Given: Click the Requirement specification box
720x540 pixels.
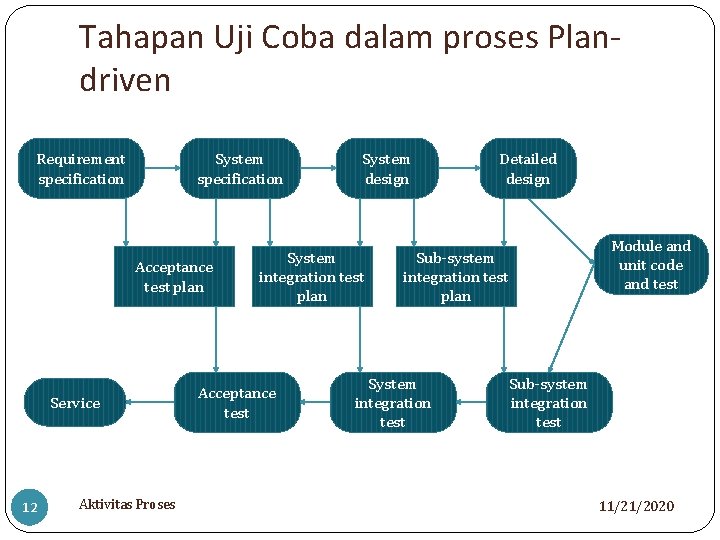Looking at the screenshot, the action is click(81, 169).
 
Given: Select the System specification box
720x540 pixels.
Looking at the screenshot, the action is click(240, 169).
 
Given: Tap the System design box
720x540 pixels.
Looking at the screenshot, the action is click(386, 169).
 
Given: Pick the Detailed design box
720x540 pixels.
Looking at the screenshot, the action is click(528, 169).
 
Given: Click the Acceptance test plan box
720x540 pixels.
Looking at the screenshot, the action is click(174, 277).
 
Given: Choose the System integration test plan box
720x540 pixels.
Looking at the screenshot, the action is click(311, 277).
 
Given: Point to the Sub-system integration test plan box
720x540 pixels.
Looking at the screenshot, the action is click(455, 277).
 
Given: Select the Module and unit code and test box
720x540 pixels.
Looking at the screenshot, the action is click(651, 265).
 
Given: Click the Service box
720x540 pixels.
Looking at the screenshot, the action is click(75, 403).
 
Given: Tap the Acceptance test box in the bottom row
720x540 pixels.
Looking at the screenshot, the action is click(237, 403).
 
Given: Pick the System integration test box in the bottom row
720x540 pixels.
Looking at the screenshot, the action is click(392, 403).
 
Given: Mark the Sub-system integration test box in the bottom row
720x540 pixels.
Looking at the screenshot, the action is click(548, 403).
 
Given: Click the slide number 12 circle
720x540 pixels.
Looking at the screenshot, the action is click(30, 508).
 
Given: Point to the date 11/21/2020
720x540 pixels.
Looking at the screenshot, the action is click(636, 506).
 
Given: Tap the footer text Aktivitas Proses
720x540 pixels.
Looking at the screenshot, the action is click(127, 504).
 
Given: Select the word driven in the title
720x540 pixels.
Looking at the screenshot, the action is click(125, 80).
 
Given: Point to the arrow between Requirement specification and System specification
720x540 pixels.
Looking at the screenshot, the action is click(162, 168).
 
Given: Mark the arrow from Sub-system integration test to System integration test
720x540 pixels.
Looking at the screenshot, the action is click(470, 403).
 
